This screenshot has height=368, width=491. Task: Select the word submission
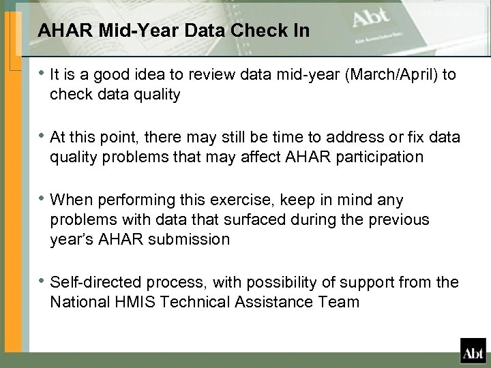(x=193, y=239)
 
